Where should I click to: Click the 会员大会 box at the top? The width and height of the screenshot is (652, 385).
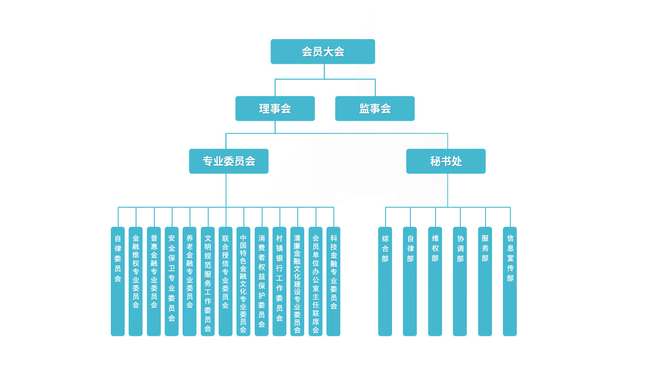pos(323,52)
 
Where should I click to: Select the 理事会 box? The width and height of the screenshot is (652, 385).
pos(275,109)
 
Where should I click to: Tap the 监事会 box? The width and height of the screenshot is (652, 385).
pos(375,109)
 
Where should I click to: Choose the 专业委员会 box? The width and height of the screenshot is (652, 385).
pos(229,161)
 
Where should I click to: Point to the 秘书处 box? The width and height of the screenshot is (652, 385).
pos(446,161)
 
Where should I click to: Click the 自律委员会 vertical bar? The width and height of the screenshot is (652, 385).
pos(118,282)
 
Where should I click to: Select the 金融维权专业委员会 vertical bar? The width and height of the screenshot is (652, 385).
pos(136,282)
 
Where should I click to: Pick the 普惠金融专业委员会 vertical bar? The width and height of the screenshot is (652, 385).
pos(154,282)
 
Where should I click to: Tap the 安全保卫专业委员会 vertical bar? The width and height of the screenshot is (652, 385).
pos(172,282)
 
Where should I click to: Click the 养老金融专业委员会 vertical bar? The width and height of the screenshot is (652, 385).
pos(190,282)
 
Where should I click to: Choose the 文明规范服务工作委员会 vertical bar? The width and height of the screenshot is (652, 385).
pos(208,282)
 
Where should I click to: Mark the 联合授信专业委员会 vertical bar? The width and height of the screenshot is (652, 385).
pos(226,282)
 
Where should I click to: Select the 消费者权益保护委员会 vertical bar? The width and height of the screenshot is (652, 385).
pos(262,282)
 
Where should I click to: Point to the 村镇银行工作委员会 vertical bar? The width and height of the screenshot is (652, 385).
pos(279,282)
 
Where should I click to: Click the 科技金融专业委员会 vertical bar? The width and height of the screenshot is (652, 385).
pos(333,282)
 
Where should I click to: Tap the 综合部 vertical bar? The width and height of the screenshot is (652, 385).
pos(385,282)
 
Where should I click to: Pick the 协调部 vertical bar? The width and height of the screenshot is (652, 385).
pos(460,282)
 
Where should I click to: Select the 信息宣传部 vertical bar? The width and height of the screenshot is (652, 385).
pos(510,282)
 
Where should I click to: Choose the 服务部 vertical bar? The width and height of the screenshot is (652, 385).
pos(485,282)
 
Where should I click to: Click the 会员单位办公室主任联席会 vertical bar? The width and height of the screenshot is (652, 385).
pos(316,282)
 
